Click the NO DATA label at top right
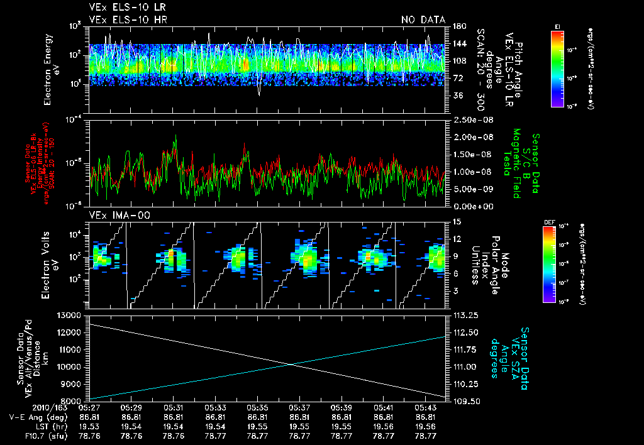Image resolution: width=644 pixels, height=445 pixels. tap(423, 20)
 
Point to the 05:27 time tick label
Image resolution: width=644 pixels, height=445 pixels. tap(89, 408)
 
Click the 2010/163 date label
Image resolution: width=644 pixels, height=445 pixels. tap(22, 408)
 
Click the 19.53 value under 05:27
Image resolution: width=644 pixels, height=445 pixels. tap(89, 426)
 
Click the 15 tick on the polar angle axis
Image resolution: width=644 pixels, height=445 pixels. tap(456, 221)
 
